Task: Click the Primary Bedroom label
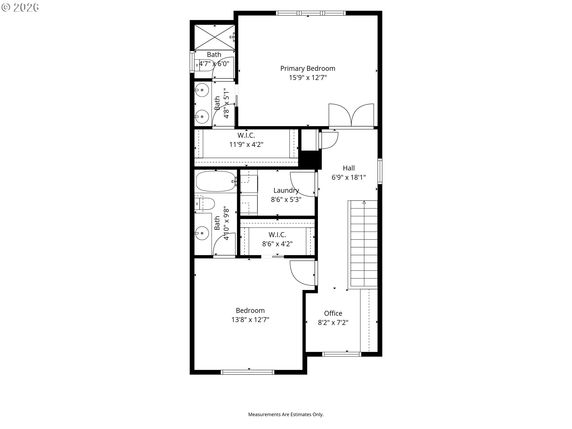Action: pyautogui.click(x=308, y=69)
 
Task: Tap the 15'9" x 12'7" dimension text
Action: pyautogui.click(x=308, y=78)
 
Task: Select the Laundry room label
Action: pyautogui.click(x=286, y=190)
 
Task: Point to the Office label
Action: pyautogui.click(x=333, y=313)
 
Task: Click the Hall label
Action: pyautogui.click(x=349, y=168)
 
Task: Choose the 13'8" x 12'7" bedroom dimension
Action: pyautogui.click(x=250, y=320)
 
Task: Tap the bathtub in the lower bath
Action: pyautogui.click(x=216, y=181)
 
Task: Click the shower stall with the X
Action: pyautogui.click(x=214, y=37)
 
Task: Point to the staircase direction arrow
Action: pyautogui.click(x=364, y=203)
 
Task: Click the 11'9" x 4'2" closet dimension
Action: pyautogui.click(x=246, y=144)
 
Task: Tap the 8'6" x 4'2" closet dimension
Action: pyautogui.click(x=277, y=244)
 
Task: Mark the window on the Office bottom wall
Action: pyautogui.click(x=342, y=354)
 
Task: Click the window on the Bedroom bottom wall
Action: pyautogui.click(x=247, y=372)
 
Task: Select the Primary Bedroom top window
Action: pyautogui.click(x=311, y=13)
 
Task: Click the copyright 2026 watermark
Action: pyautogui.click(x=20, y=7)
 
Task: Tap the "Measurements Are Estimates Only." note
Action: pyautogui.click(x=286, y=414)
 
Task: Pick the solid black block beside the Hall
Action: pyautogui.click(x=310, y=160)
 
